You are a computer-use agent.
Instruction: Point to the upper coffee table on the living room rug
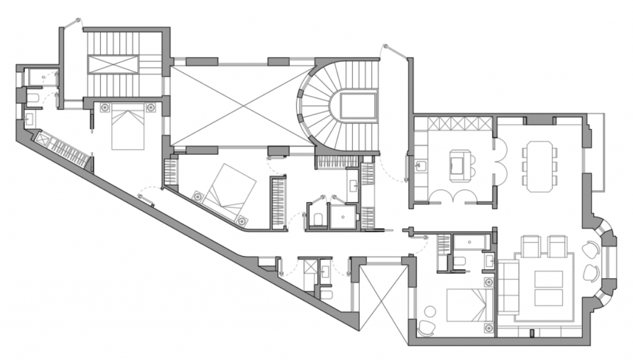coord(548,279)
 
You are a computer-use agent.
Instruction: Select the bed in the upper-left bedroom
coord(128,127)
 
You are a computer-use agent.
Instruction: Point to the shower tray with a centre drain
coord(342,216)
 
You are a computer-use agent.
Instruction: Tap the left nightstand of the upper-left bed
coord(104,108)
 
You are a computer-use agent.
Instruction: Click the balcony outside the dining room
coord(595,152)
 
